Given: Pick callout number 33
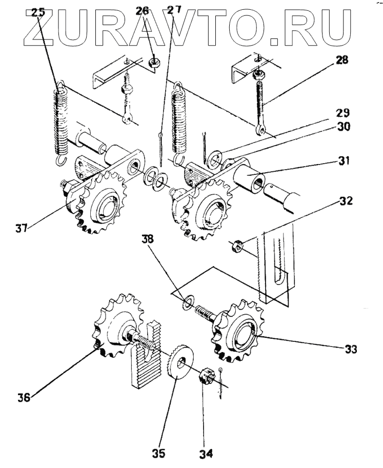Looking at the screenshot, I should pos(351,350).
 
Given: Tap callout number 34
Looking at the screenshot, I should pos(207,454).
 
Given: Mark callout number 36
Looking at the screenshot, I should pos(23,396).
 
